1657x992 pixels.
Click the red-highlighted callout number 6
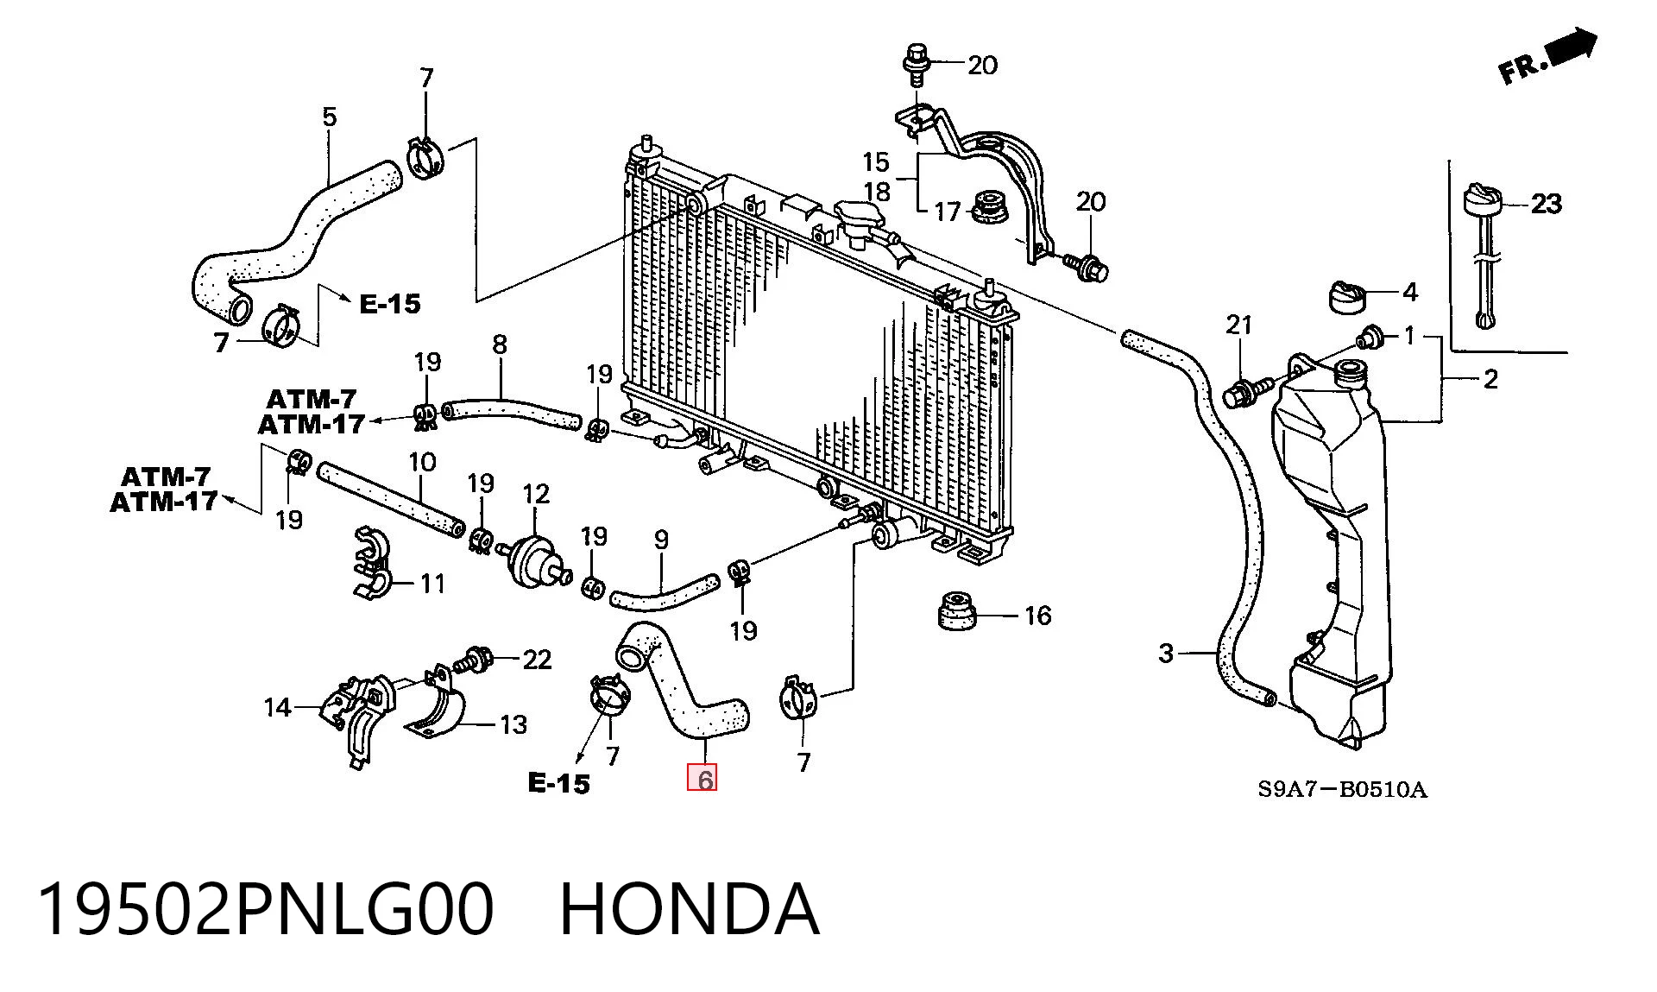[x=704, y=780]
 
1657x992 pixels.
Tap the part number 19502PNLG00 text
[x=265, y=909]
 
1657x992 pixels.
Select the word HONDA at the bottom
[x=690, y=909]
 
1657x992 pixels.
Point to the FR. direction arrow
[x=1549, y=57]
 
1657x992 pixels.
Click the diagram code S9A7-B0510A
[x=1342, y=789]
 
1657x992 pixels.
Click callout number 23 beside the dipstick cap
[x=1546, y=204]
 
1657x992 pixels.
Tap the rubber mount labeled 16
[x=956, y=611]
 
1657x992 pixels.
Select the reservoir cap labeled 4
[x=1345, y=297]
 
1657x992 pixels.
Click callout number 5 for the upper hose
[x=330, y=117]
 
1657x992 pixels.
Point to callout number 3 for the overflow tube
[x=1166, y=654]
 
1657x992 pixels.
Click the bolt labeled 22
[x=475, y=660]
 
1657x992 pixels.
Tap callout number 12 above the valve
[x=536, y=494]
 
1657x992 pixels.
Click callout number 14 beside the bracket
[x=277, y=708]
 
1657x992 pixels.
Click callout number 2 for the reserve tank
[x=1490, y=378]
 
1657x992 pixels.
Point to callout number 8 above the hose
[x=500, y=344]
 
